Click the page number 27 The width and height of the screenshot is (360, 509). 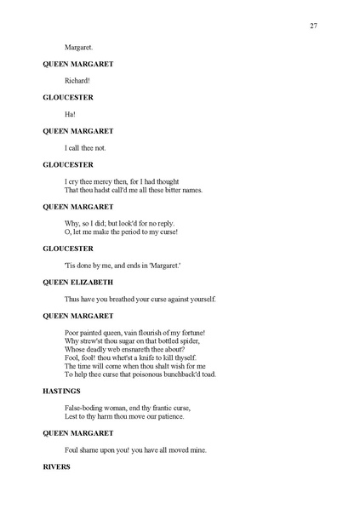313,26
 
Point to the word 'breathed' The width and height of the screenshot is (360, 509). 129,299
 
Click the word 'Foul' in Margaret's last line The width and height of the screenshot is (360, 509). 72,449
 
